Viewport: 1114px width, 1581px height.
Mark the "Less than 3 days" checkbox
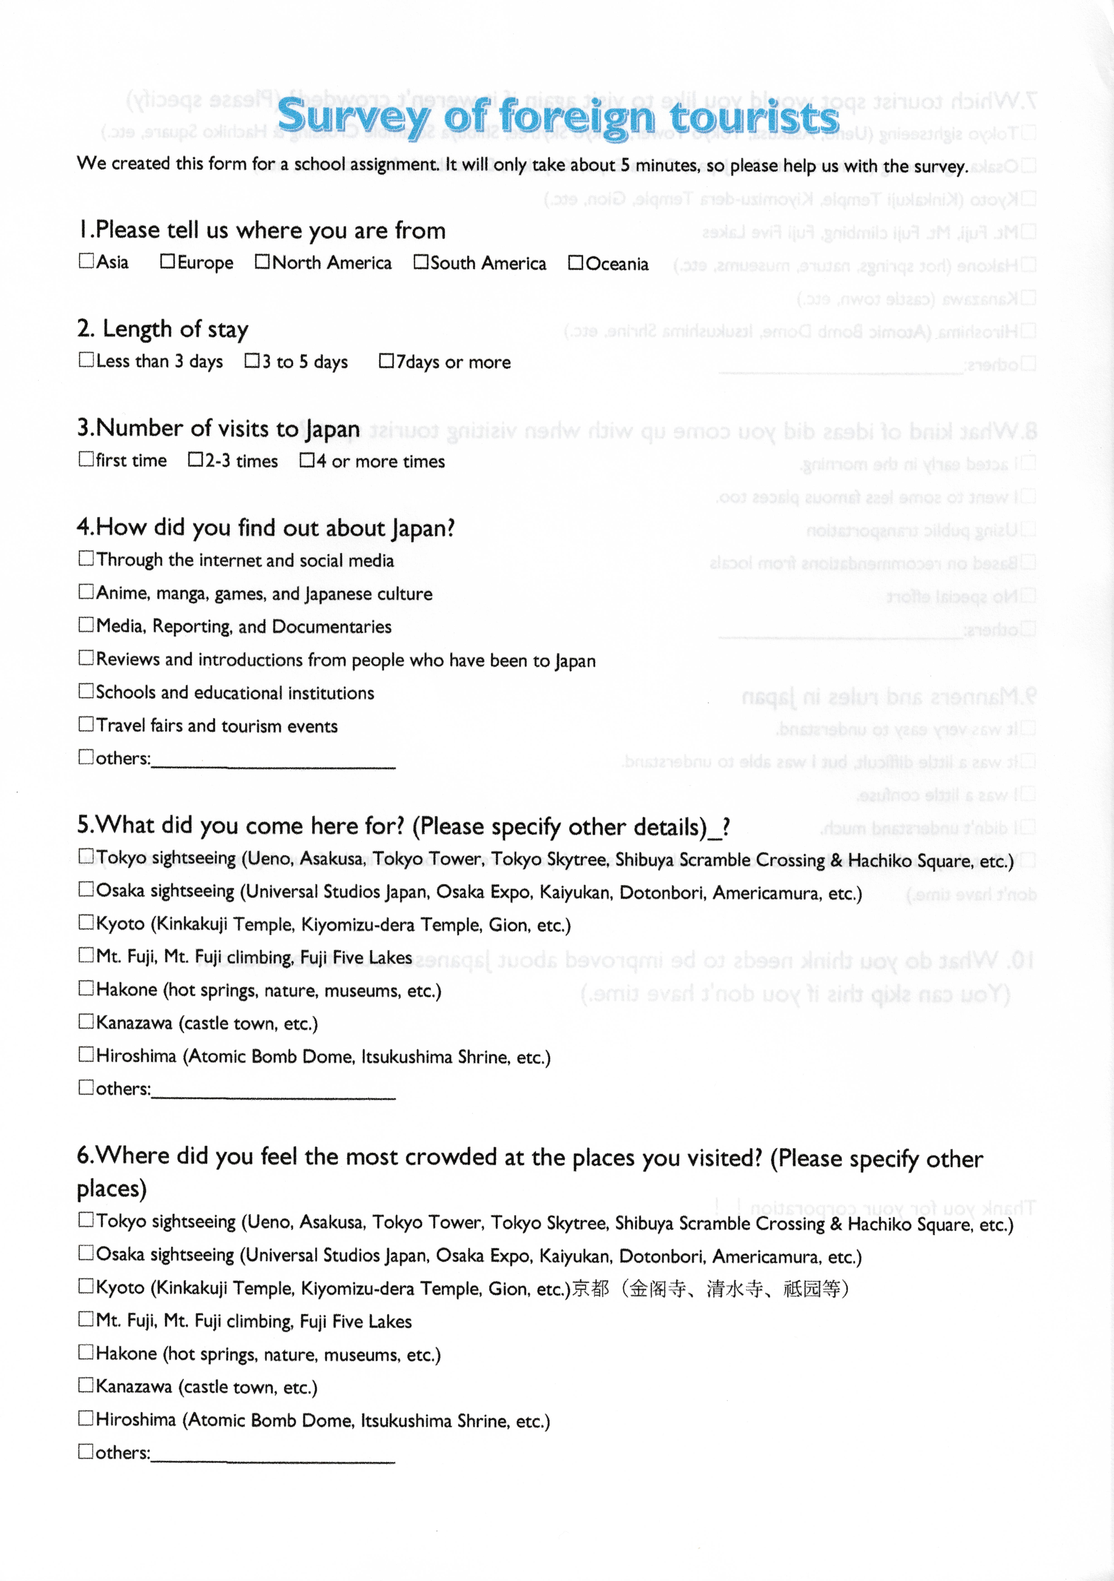pyautogui.click(x=86, y=360)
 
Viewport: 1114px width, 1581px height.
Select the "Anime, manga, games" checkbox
pyautogui.click(x=86, y=591)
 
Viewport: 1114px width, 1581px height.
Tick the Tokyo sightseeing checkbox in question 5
pyautogui.click(x=86, y=855)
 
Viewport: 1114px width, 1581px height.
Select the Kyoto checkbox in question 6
pyautogui.click(x=86, y=1285)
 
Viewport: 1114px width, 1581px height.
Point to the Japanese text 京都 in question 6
pyautogui.click(x=591, y=1288)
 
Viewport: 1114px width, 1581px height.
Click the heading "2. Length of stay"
pyautogui.click(x=162, y=329)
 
